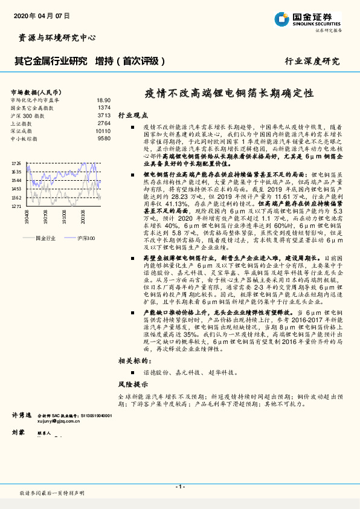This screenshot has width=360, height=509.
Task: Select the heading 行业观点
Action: (x=132, y=115)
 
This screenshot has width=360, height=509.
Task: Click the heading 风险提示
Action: (x=132, y=384)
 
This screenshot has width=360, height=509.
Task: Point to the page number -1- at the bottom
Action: (x=180, y=487)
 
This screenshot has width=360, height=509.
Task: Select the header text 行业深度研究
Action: (x=312, y=61)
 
